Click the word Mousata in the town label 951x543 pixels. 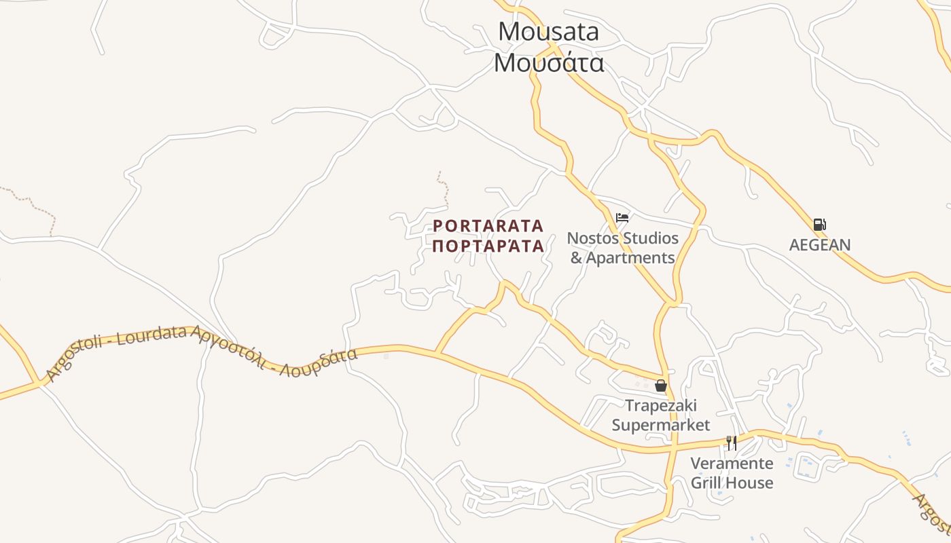pos(549,32)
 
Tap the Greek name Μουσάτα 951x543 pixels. pos(549,63)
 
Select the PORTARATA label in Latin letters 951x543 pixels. pos(488,225)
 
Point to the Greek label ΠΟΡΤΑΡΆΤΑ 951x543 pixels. pos(488,246)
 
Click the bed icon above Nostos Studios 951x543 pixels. pos(622,218)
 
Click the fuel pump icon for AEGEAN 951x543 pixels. pos(820,225)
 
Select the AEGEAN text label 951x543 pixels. pos(820,245)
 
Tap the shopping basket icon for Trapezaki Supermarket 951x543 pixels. pos(661,386)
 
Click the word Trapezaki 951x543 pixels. pos(661,406)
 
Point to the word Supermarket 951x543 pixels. pos(661,426)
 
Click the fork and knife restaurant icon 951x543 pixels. pos(732,443)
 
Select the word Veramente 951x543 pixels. pos(732,464)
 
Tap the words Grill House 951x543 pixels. pos(732,483)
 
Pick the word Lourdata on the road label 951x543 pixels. pos(153,336)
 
